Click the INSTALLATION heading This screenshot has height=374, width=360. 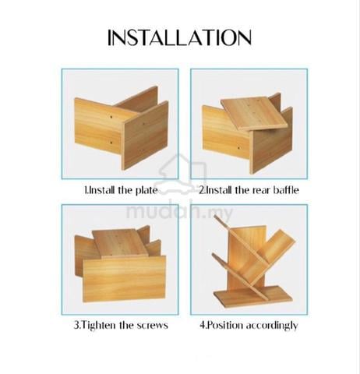[x=179, y=37]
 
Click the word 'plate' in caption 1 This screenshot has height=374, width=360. [x=146, y=190]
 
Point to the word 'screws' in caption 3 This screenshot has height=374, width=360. [x=154, y=326]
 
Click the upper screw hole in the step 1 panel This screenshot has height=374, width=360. [x=111, y=117]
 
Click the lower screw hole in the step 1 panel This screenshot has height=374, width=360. [x=111, y=143]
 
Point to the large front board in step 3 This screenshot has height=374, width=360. [x=124, y=279]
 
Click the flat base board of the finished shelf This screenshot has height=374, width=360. [x=252, y=296]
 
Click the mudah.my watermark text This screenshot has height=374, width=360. [x=179, y=213]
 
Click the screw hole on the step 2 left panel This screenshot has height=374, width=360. [x=238, y=148]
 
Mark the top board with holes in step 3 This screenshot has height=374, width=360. [x=120, y=243]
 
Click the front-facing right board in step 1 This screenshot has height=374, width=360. [x=145, y=136]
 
